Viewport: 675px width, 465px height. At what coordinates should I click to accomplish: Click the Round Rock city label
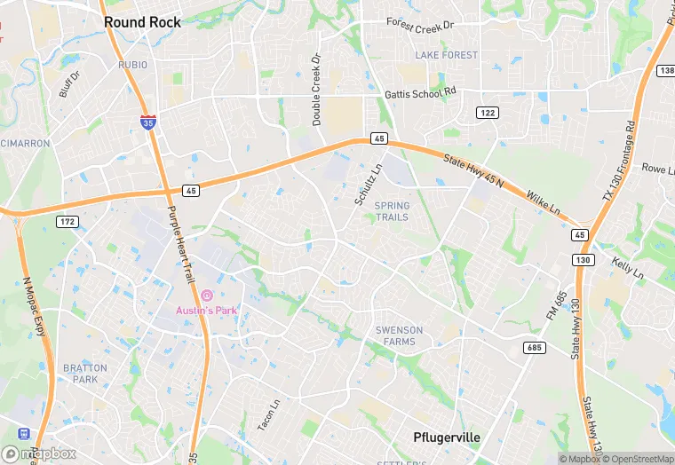[x=142, y=22]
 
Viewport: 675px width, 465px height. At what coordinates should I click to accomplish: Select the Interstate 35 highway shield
[x=151, y=122]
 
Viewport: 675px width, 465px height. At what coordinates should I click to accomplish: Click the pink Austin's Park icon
[x=206, y=295]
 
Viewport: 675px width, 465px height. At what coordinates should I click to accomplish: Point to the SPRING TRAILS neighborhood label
[x=392, y=211]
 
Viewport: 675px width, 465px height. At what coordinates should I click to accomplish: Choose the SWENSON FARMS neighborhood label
[x=399, y=335]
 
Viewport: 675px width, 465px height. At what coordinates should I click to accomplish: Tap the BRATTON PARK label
[x=85, y=374]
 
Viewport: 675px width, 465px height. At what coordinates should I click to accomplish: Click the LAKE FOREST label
[x=446, y=55]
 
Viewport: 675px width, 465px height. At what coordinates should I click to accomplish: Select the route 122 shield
[x=486, y=113]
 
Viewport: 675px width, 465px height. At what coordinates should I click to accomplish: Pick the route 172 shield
[x=67, y=221]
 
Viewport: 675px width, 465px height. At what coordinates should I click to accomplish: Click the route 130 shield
[x=584, y=259]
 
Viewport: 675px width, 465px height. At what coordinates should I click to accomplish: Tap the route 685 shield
[x=534, y=347]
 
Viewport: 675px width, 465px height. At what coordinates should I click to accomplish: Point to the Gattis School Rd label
[x=420, y=93]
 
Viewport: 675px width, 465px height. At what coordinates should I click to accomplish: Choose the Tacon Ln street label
[x=268, y=414]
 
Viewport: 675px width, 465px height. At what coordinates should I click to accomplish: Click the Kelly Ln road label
[x=628, y=266]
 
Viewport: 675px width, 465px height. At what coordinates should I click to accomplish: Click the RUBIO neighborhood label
[x=132, y=65]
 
